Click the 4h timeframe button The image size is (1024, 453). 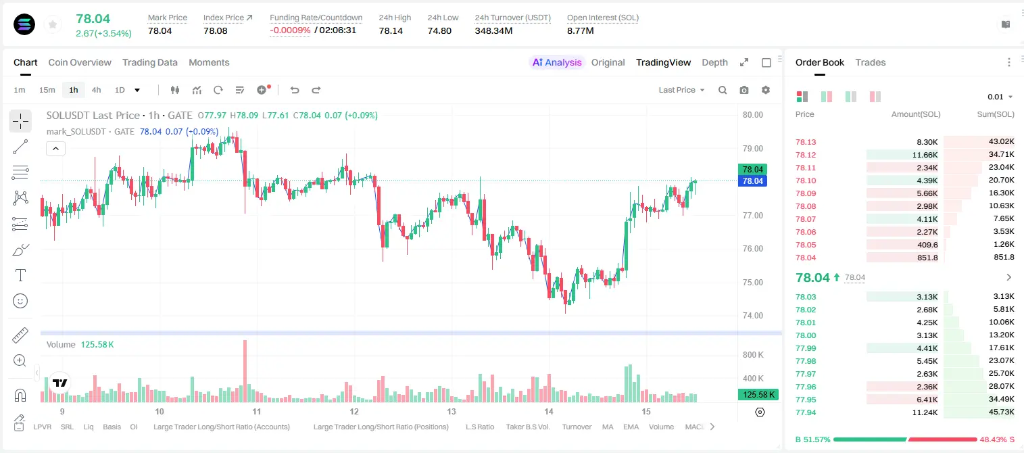[96, 90]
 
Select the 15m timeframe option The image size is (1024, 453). [47, 90]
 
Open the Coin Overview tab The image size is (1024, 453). [80, 62]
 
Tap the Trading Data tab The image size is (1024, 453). [150, 62]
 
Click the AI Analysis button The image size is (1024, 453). [557, 62]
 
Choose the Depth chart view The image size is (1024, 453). [714, 62]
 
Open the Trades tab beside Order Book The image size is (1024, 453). [871, 62]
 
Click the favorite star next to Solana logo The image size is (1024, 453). [53, 24]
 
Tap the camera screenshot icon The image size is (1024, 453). [744, 90]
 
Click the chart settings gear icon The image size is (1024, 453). [766, 90]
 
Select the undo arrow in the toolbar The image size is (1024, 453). [295, 90]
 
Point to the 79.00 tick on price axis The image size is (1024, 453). [753, 149]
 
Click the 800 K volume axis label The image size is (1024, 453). [753, 355]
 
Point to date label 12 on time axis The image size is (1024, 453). [353, 411]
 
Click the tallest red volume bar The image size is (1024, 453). [245, 371]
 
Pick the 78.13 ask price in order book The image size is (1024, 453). [806, 142]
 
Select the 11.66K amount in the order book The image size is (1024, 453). [925, 155]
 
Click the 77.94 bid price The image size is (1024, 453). [806, 412]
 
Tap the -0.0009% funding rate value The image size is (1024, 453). [290, 30]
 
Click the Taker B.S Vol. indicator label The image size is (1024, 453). [527, 427]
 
